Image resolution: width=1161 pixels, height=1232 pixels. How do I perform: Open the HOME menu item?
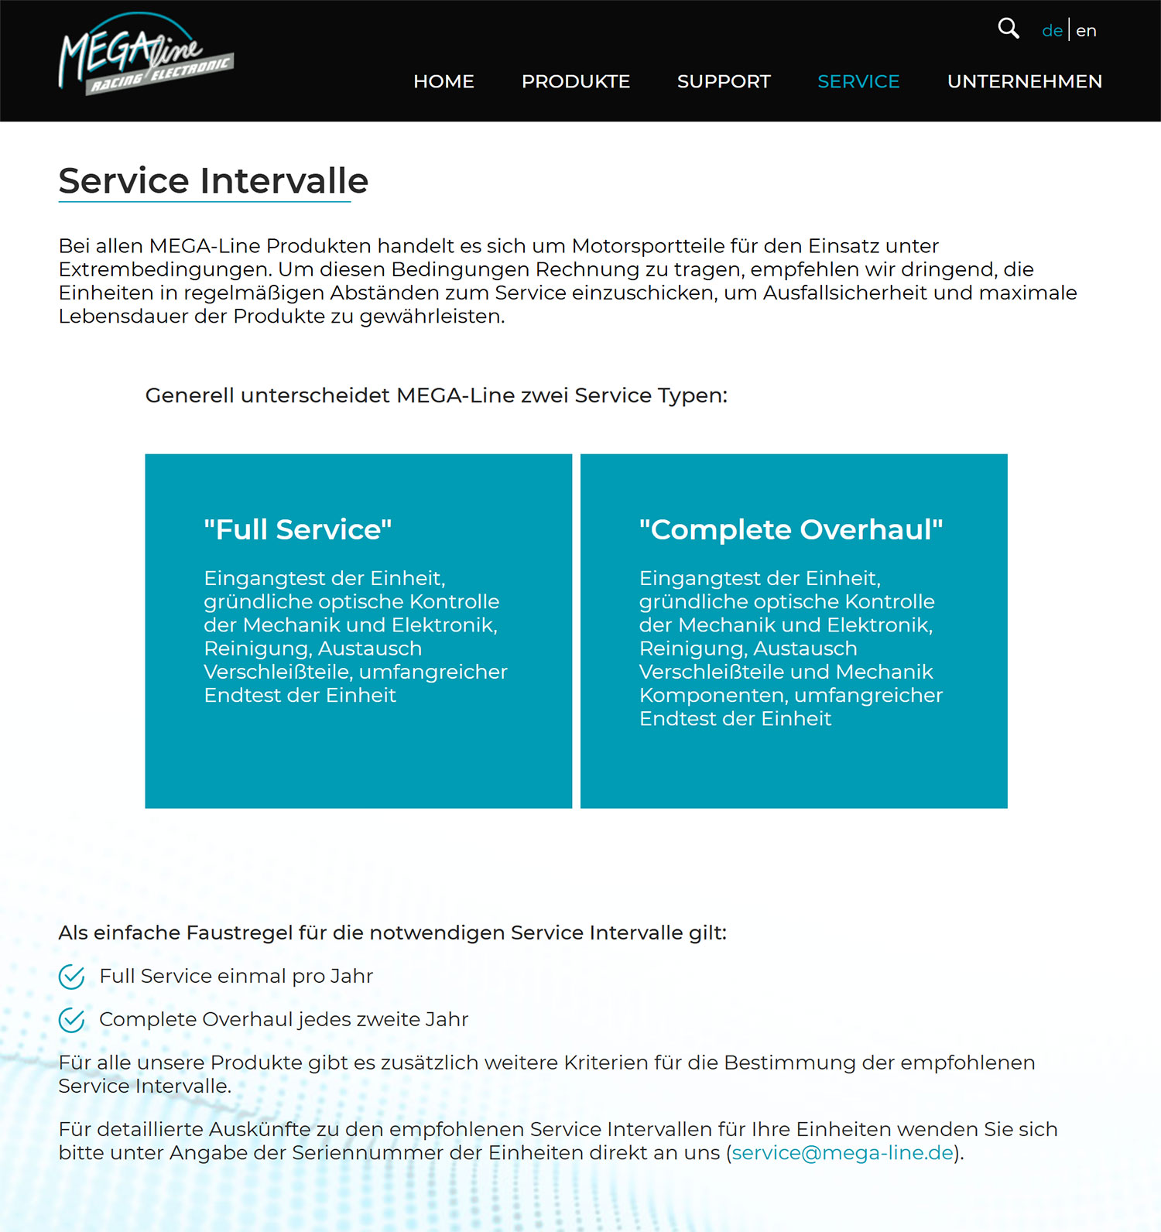point(444,81)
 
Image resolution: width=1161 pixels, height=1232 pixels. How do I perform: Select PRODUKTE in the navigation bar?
point(575,81)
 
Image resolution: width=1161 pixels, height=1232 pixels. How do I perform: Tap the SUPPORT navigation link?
point(724,81)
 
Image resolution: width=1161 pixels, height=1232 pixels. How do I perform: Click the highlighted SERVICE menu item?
point(858,81)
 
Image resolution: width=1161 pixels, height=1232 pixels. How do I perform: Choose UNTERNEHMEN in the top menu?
point(1024,81)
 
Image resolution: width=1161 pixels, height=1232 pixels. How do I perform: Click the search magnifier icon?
point(1008,29)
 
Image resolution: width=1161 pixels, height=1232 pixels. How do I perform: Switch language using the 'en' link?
point(1086,31)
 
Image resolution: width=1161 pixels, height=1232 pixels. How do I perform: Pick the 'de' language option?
point(1052,31)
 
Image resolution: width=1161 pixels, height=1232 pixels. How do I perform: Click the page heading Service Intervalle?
point(213,181)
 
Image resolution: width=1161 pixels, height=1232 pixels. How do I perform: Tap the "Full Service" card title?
point(298,529)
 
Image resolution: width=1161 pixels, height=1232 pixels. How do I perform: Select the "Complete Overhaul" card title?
point(791,529)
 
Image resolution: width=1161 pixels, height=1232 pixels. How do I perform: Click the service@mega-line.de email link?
point(842,1152)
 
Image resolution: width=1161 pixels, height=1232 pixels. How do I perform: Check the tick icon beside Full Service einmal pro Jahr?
point(72,977)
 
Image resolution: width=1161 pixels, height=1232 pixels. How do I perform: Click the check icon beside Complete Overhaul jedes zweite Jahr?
point(72,1020)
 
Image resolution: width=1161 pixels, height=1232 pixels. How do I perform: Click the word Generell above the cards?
point(190,395)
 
